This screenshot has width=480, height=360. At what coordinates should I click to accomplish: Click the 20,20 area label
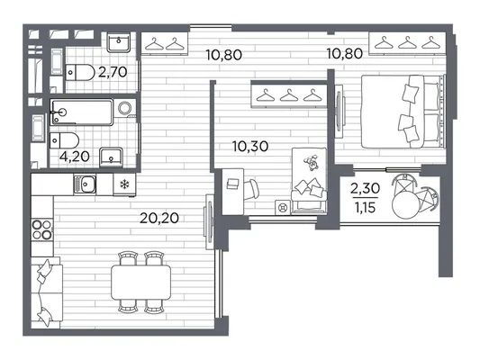click(x=159, y=218)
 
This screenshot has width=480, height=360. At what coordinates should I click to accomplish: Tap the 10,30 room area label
click(x=250, y=146)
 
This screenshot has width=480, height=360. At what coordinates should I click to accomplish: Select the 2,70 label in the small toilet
click(x=113, y=72)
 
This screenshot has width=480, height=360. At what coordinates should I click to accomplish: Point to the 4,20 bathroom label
click(x=75, y=157)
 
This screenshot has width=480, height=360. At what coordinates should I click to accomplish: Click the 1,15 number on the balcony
click(x=366, y=208)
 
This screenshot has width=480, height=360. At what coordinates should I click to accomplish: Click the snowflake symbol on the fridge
click(x=124, y=184)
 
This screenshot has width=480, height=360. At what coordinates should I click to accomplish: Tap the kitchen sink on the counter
click(x=85, y=184)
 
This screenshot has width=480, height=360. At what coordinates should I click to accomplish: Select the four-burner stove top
click(x=42, y=229)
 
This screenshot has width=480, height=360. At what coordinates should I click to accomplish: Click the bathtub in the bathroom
click(x=82, y=112)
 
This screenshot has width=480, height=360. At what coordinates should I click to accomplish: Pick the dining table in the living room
click(x=140, y=283)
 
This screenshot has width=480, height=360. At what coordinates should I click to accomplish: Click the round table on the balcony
click(x=405, y=204)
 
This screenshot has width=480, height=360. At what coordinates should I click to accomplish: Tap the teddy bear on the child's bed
click(x=312, y=162)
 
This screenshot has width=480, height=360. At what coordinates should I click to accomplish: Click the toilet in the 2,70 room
click(x=80, y=73)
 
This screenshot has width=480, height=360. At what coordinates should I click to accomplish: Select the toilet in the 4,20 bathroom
click(x=65, y=140)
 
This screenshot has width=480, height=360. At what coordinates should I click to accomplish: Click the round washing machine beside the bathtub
click(x=125, y=108)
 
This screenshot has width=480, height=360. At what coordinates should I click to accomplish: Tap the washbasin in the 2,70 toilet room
click(x=119, y=42)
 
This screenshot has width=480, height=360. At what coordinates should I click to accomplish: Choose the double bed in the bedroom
click(x=403, y=112)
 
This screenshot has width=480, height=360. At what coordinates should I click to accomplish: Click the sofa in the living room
click(x=47, y=292)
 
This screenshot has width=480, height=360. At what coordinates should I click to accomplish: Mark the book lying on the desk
click(x=232, y=184)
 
